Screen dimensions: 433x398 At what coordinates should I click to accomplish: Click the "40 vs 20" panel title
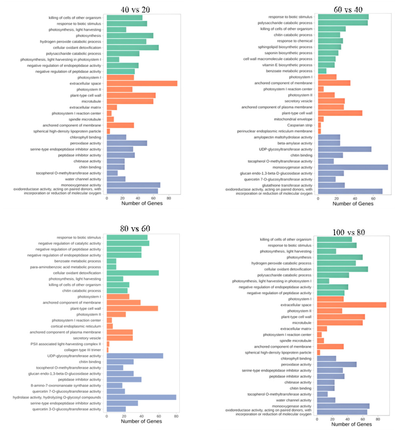coord(135,10)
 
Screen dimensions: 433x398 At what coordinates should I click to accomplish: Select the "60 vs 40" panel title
coord(348,10)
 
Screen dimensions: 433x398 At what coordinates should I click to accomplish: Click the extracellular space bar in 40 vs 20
coord(142,84)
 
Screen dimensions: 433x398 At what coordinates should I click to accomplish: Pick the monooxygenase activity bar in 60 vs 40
coord(353,167)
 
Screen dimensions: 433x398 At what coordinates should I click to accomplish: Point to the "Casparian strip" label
coord(300,125)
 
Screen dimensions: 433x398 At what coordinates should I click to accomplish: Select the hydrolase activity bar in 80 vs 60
coord(141,398)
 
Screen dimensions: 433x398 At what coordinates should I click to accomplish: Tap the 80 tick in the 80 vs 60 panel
coord(176,416)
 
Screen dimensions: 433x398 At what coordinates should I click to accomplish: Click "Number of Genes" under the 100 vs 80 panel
coord(352,424)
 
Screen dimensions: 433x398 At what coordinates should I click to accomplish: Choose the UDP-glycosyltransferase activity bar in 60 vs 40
coord(344,149)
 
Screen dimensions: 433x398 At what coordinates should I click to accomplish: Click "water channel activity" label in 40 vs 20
coord(83,179)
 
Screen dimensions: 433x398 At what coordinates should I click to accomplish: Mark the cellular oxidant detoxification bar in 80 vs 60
coord(132,273)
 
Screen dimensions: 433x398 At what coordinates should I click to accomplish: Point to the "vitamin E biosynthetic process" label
coord(287,65)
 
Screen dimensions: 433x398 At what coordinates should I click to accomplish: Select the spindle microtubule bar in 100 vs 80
coord(320,341)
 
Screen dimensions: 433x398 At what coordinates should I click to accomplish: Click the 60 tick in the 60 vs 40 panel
coord(373,198)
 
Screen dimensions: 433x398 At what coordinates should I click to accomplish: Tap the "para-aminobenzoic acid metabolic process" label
coord(65,267)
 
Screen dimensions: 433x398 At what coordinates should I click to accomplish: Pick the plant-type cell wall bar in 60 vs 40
coord(340,113)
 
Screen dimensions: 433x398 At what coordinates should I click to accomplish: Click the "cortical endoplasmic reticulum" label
coord(76,326)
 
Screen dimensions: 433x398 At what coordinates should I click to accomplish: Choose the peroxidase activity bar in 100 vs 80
coord(337,365)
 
